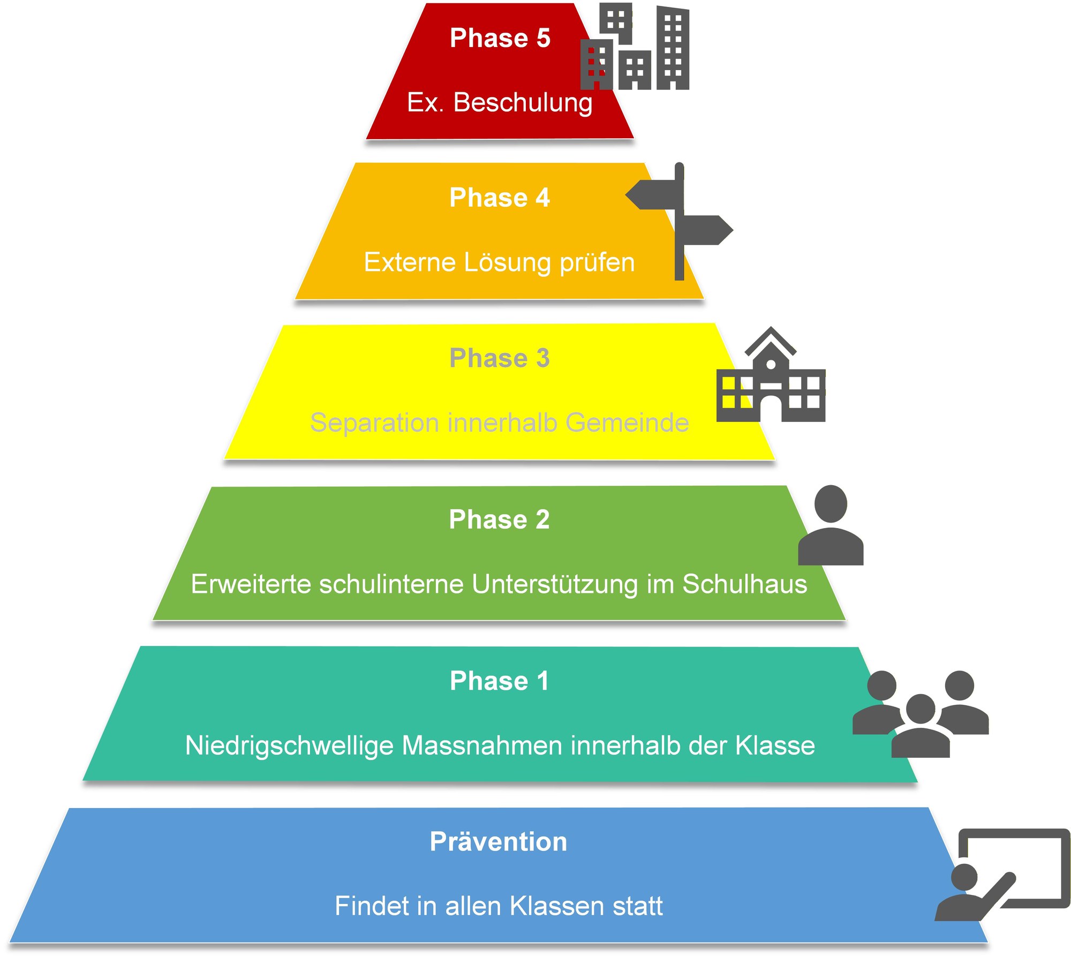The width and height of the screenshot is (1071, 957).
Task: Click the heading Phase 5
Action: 500,38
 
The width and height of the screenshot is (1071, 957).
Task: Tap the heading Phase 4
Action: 500,198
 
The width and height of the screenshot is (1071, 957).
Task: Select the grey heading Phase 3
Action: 500,358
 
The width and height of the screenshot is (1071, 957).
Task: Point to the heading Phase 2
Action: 499,519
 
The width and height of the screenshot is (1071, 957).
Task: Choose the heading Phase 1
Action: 499,681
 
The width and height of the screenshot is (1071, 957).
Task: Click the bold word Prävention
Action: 498,842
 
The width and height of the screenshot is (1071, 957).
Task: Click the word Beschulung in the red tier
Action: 523,102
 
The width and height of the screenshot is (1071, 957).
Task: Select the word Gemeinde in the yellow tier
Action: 627,423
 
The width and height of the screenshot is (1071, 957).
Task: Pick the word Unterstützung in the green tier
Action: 555,584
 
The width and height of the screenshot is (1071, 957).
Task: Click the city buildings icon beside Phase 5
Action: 635,47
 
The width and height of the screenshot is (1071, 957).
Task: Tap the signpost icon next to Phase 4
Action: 679,222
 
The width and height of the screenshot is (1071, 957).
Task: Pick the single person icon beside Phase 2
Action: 831,526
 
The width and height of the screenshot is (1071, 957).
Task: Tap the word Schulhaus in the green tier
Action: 744,584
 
